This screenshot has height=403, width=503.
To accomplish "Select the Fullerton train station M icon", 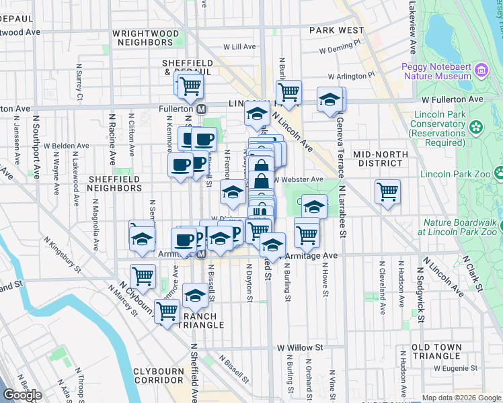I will [x=200, y=109].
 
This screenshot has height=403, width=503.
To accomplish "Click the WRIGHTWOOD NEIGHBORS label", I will [x=146, y=38].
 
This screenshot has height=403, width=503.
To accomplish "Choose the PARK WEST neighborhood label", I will [x=337, y=30].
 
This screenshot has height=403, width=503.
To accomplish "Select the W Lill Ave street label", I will [x=239, y=47].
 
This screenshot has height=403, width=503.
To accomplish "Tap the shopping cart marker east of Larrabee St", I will [x=388, y=191].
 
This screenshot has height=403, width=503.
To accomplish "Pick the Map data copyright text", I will [x=461, y=398].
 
